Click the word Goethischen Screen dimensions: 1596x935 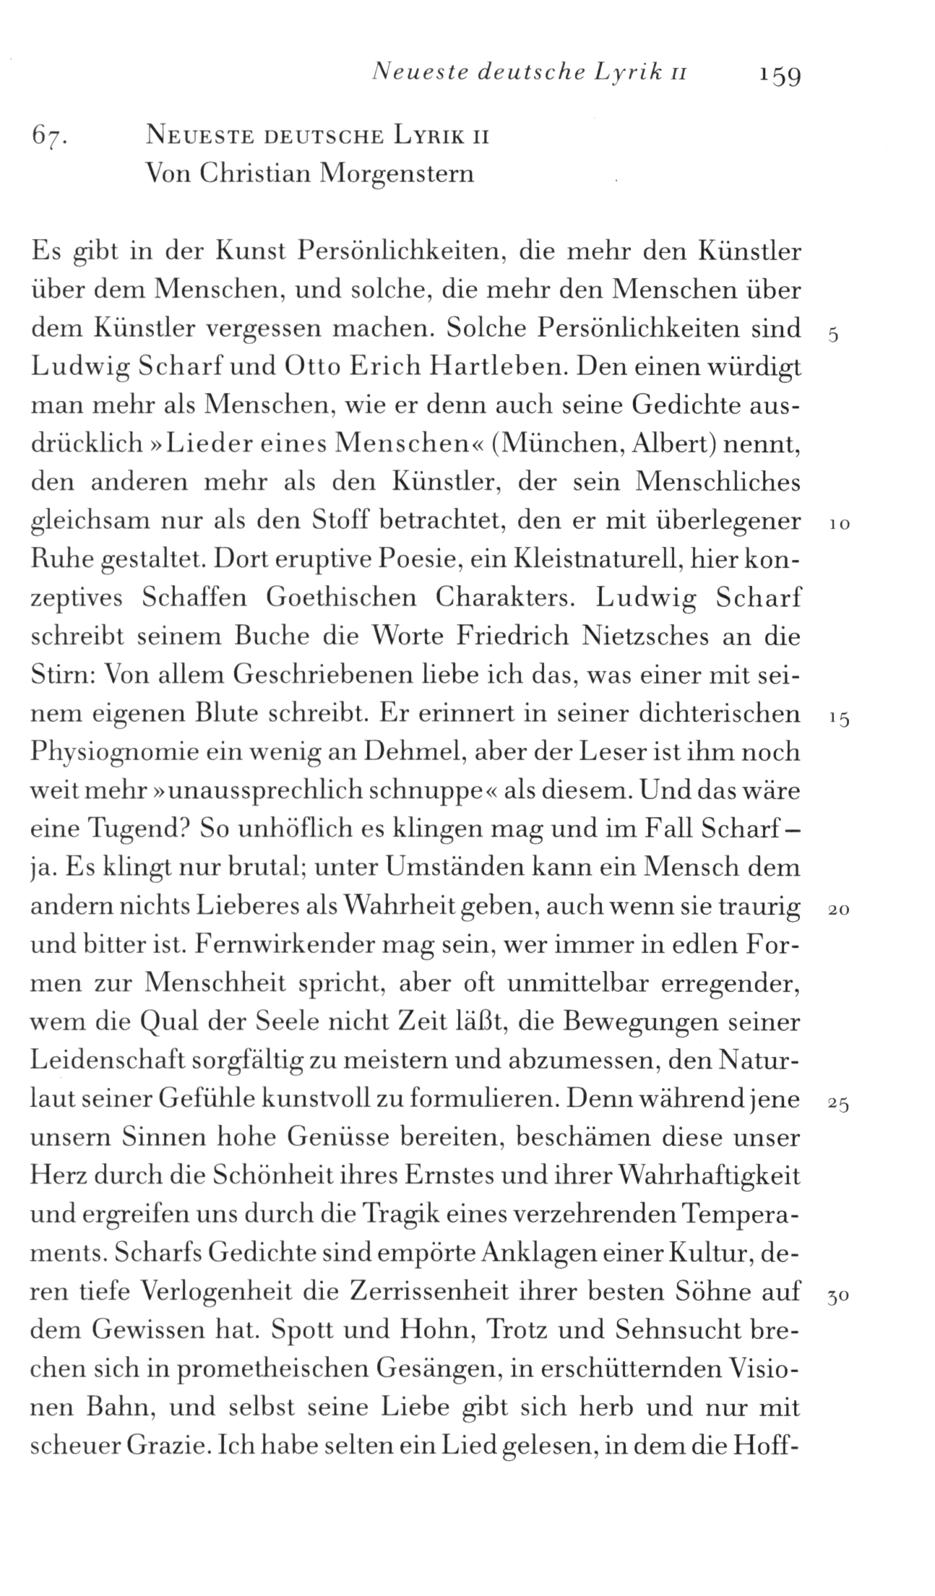click(341, 599)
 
